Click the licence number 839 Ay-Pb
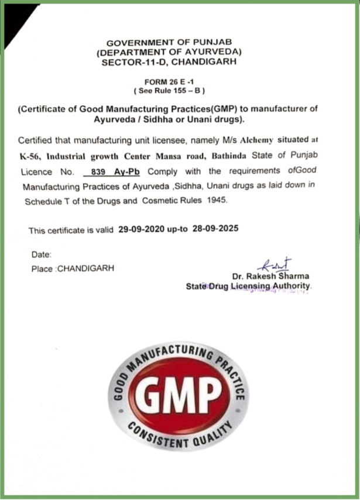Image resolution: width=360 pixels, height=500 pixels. coord(116,172)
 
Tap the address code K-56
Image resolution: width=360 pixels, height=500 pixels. coord(30,156)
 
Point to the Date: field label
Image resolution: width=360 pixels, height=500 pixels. coord(42,254)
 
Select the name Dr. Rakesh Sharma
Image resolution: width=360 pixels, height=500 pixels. coord(270,276)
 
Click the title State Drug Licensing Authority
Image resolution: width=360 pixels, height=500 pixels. coord(249,286)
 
